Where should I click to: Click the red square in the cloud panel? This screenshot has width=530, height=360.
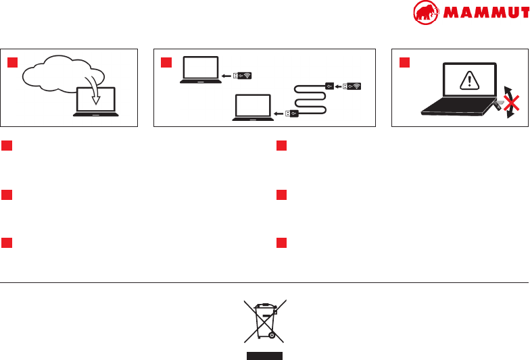tap(12, 63)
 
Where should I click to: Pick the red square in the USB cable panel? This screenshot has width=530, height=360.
tap(166, 63)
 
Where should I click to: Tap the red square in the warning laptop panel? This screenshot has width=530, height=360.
tap(404, 63)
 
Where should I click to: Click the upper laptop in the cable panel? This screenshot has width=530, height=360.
tap(199, 70)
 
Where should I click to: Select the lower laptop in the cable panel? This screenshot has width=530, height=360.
tap(252, 108)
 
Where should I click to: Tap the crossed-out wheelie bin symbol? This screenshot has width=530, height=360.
tap(264, 322)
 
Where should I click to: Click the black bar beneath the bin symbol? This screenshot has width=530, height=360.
tap(264, 355)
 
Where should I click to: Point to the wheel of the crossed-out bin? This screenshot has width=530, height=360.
tap(271, 334)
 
